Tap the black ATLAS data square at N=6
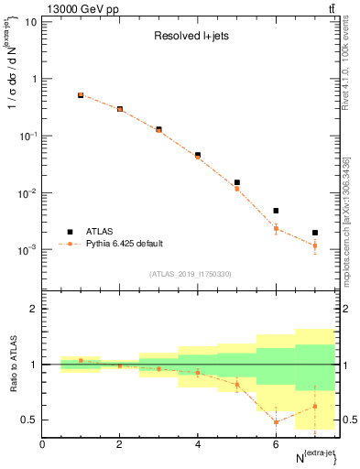click(276, 211)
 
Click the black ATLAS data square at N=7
click(315, 233)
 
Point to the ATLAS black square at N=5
click(237, 182)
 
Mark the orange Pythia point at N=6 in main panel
click(276, 228)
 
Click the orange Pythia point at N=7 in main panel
click(315, 245)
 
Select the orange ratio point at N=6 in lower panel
click(276, 422)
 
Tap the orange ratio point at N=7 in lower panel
click(315, 406)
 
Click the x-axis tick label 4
click(198, 444)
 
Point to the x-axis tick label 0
click(42, 444)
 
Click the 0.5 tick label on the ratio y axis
click(29, 420)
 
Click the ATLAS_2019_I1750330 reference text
click(191, 274)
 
